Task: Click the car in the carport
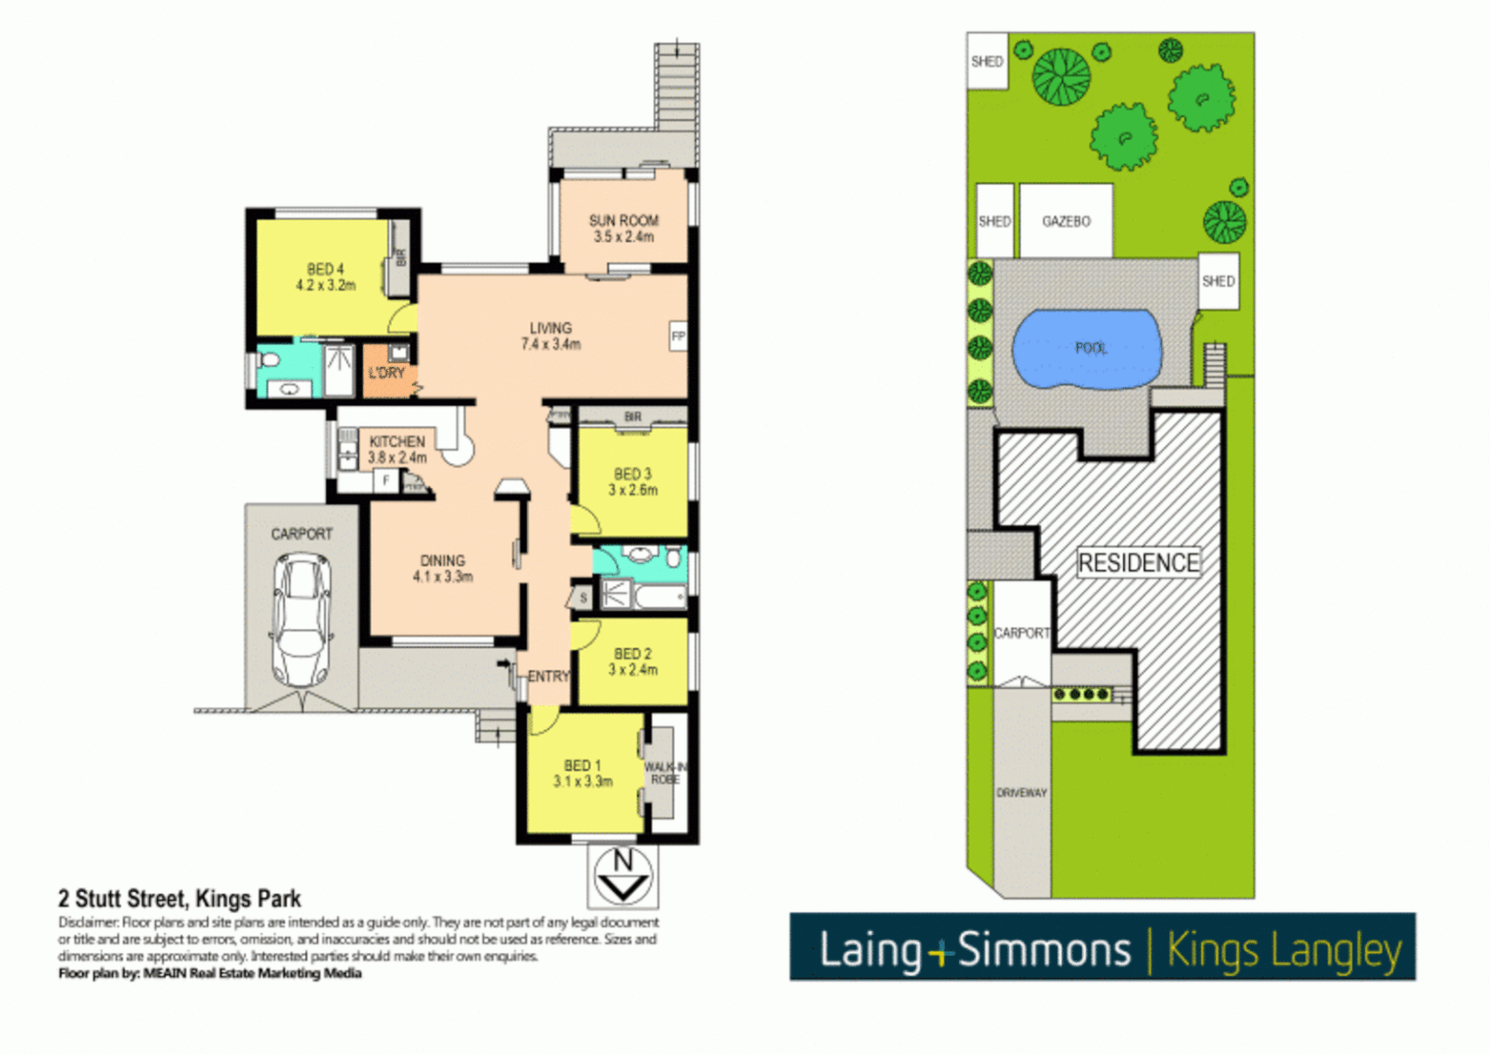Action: coord(302,619)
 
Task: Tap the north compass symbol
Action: coord(623,875)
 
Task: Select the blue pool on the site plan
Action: coord(1087,349)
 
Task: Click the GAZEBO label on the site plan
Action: coord(1066,222)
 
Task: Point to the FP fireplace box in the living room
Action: coord(678,337)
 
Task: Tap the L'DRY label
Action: coord(386,373)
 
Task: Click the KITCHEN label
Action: coord(397,442)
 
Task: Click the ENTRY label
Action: coord(548,676)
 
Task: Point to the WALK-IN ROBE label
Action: coord(664,773)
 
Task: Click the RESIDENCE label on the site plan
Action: coord(1138,563)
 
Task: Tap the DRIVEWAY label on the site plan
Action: coord(1021,792)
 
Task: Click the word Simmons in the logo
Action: coord(1043,950)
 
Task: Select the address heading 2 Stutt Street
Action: coord(180,899)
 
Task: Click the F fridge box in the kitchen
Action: coord(386,480)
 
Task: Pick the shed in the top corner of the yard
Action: coord(987,61)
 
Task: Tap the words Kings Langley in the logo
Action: coord(1284,950)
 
